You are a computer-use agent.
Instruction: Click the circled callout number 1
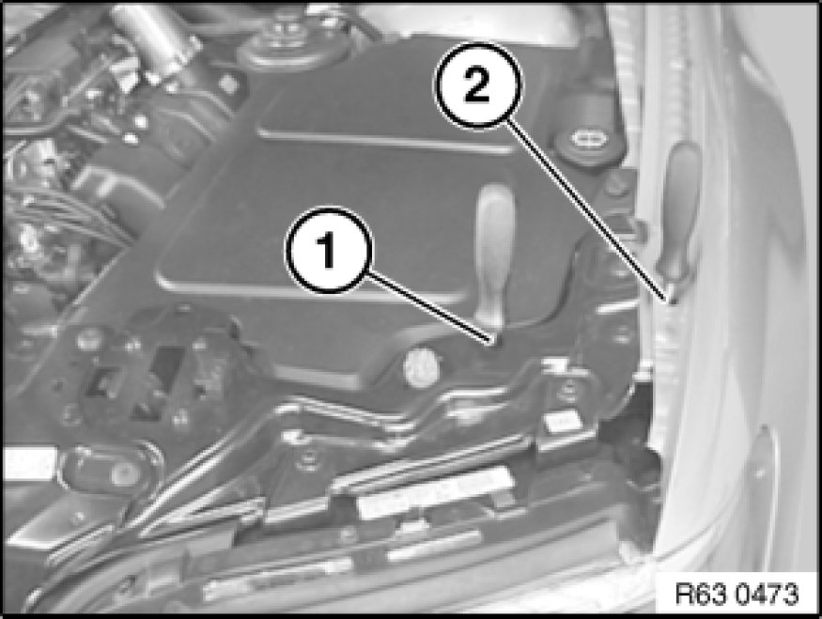(x=328, y=251)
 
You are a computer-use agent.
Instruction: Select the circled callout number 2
(x=477, y=85)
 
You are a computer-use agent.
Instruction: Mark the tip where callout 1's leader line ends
(x=491, y=343)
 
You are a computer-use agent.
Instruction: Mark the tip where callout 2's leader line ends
(x=671, y=302)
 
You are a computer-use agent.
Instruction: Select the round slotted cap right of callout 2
(x=582, y=139)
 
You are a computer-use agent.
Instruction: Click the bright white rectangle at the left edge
(x=28, y=462)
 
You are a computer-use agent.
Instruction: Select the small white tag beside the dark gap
(x=561, y=423)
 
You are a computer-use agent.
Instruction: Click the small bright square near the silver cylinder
(x=228, y=83)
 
